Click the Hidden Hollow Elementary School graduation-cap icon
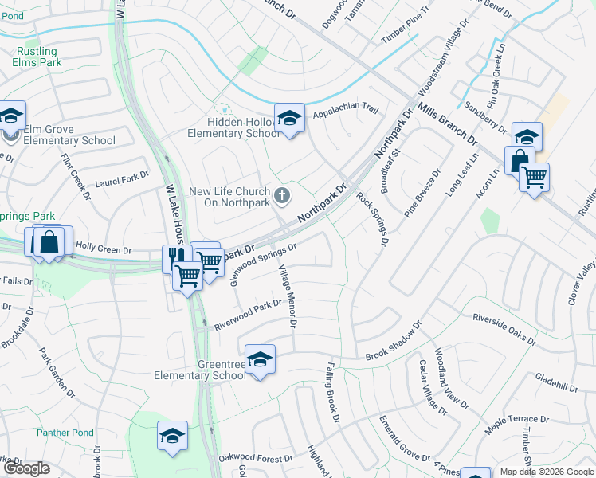tap(289, 119)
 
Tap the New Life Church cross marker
tap(281, 194)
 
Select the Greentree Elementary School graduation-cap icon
tap(260, 360)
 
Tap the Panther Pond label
tap(65, 433)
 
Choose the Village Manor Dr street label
tap(287, 296)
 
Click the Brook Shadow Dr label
tap(394, 343)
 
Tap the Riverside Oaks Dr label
tap(504, 327)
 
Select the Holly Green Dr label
tap(104, 250)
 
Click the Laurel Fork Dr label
tap(122, 178)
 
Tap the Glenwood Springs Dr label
tap(263, 263)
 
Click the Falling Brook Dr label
tap(333, 393)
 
